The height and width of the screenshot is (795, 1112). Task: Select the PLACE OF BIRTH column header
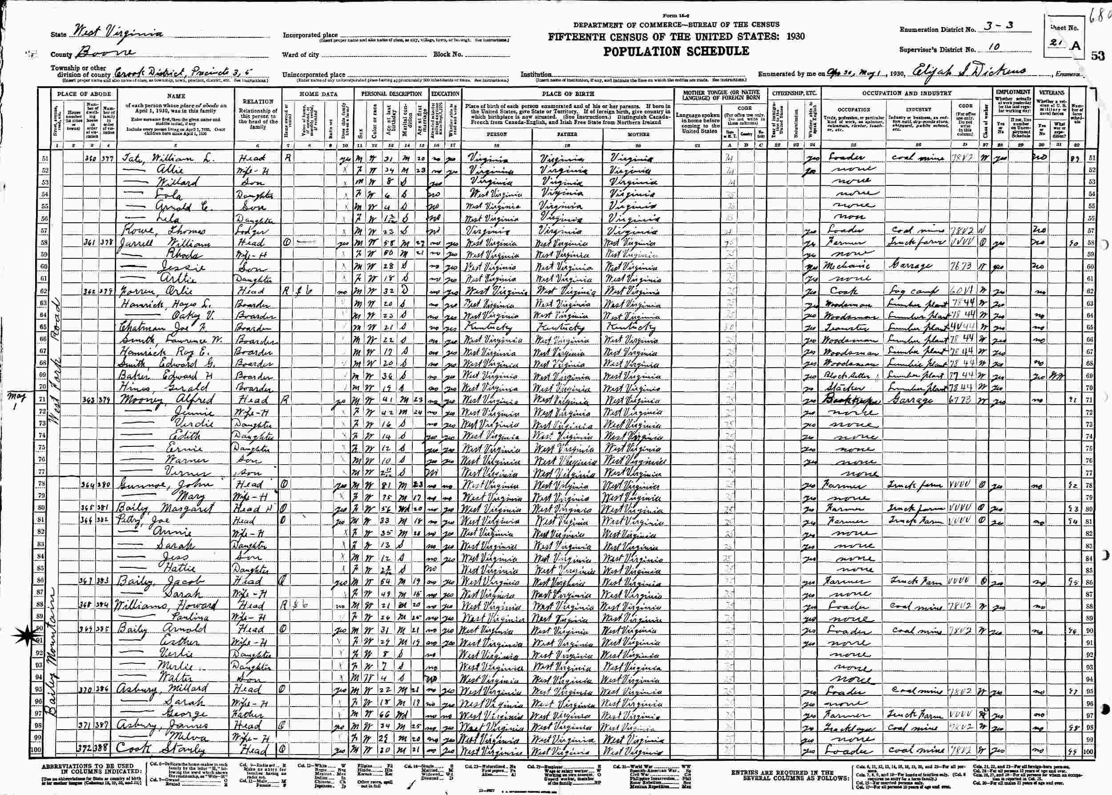click(x=568, y=93)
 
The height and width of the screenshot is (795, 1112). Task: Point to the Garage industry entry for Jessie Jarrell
click(x=914, y=267)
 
